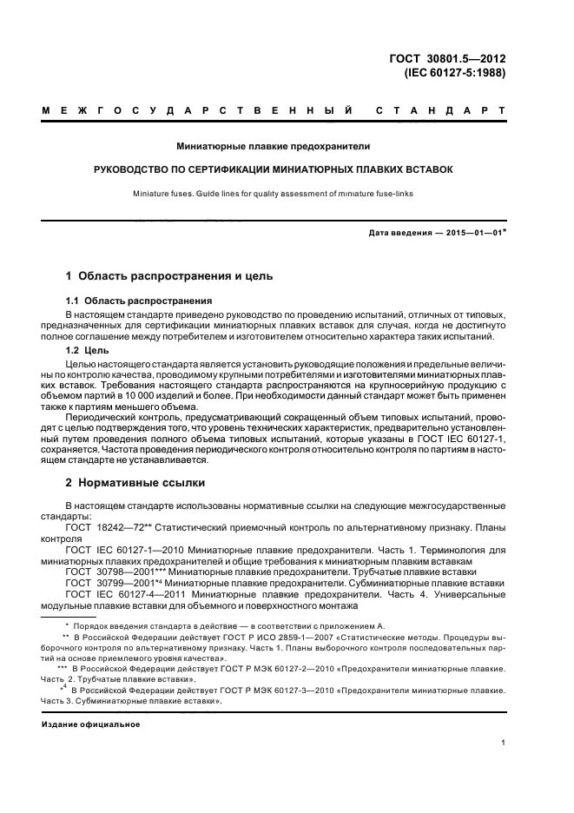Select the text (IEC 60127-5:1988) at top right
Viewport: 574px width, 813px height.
click(x=455, y=73)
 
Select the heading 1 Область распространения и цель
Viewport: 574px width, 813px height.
click(x=169, y=276)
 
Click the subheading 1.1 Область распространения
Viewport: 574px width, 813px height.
click(x=139, y=301)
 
